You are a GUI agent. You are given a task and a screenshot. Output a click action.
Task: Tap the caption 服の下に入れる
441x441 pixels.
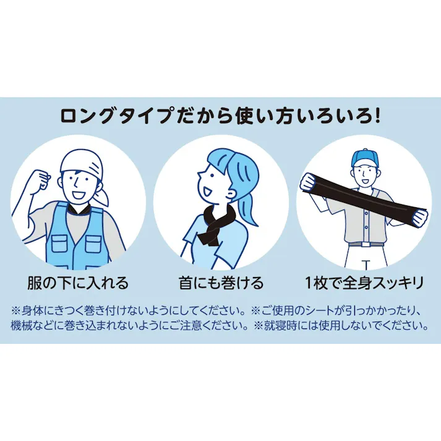click(x=78, y=283)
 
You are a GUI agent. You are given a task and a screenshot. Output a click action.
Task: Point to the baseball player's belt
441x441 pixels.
click(x=364, y=244)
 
